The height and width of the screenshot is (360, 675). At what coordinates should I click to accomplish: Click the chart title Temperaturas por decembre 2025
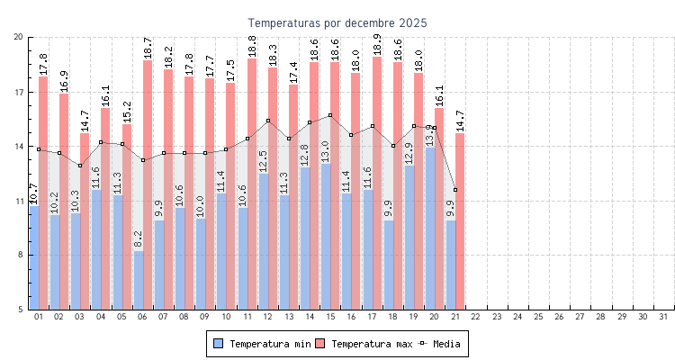(x=337, y=22)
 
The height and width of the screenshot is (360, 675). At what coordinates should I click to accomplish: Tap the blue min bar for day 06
(x=138, y=280)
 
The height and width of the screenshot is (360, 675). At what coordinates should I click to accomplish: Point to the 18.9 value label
(x=376, y=45)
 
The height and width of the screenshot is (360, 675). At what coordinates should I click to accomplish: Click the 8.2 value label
(x=138, y=239)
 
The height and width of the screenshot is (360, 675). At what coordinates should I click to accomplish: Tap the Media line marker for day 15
(x=330, y=115)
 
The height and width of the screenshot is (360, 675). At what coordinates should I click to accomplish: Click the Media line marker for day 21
(x=455, y=190)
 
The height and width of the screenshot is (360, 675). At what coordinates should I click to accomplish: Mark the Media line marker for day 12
(x=268, y=121)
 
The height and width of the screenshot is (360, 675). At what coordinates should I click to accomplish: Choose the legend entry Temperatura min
(x=261, y=344)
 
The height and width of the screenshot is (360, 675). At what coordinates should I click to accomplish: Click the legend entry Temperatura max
(x=364, y=344)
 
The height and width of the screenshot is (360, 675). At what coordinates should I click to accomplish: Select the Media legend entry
(x=441, y=344)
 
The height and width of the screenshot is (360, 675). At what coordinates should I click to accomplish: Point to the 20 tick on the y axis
(x=19, y=37)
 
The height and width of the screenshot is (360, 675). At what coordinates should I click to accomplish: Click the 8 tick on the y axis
(x=21, y=256)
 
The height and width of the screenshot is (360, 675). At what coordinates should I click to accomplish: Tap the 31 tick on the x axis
(x=663, y=317)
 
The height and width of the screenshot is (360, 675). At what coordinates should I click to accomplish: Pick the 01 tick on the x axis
(x=39, y=317)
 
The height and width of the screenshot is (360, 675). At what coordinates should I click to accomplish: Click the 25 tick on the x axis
(x=538, y=317)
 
